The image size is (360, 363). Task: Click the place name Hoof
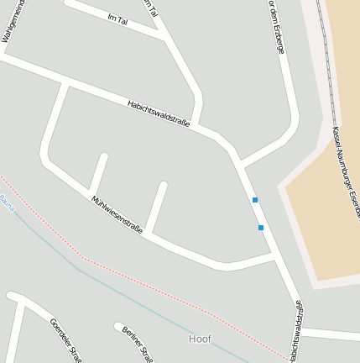[x=200, y=339]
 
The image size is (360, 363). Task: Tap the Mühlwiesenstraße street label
[x=117, y=215]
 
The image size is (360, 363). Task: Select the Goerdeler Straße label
[x=65, y=338]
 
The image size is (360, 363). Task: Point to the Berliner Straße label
[x=136, y=342]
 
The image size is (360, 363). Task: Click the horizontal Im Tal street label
[x=117, y=18]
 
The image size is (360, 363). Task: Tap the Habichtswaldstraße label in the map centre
[x=159, y=113]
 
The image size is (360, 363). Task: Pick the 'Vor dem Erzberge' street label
[x=276, y=27]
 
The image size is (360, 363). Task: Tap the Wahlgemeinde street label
[x=12, y=20]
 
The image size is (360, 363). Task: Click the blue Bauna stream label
[x=7, y=202]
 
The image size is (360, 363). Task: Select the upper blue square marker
[x=255, y=200]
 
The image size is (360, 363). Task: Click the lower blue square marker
[x=261, y=228]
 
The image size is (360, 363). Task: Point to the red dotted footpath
[x=126, y=277]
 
